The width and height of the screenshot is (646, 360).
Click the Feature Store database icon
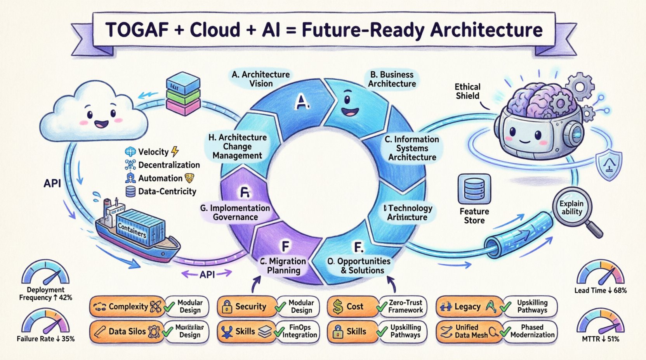click(474, 189)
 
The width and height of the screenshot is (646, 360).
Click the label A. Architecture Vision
click(261, 79)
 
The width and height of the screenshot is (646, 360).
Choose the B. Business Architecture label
click(392, 79)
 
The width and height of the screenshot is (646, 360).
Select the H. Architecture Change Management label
click(237, 147)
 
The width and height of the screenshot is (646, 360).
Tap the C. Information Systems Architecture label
click(412, 148)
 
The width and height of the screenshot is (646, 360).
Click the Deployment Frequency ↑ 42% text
click(45, 294)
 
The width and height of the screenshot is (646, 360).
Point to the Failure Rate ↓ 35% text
click(45, 339)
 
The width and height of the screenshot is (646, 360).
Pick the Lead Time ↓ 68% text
click(600, 290)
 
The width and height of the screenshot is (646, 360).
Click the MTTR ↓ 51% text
click(600, 339)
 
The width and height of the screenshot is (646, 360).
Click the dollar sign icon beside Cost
click(338, 307)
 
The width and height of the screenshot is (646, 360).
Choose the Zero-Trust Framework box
click(405, 306)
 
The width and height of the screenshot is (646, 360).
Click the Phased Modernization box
click(532, 331)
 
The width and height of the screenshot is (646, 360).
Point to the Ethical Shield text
click(467, 91)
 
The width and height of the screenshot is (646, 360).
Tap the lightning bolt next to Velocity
click(175, 151)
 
